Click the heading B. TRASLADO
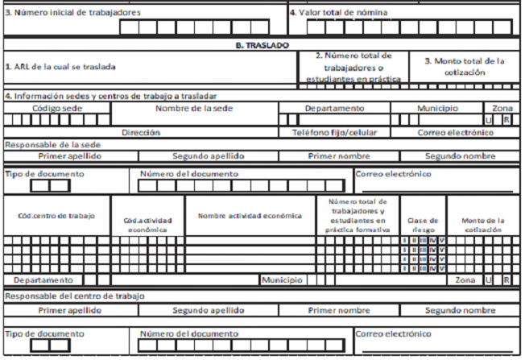(262, 46)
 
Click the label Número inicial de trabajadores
(73, 13)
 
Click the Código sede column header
(57, 108)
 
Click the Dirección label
(141, 132)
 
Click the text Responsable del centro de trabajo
(75, 296)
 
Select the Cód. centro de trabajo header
(56, 216)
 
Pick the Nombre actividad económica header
(250, 216)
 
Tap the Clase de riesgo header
(424, 224)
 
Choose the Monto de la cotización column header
(482, 224)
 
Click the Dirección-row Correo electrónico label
(455, 132)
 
